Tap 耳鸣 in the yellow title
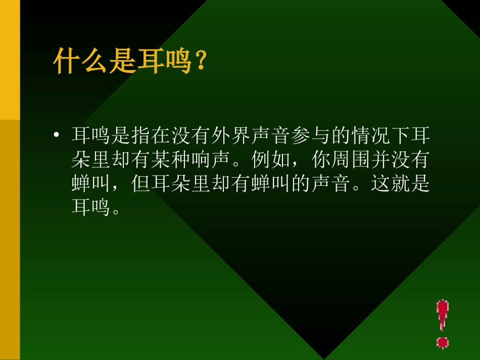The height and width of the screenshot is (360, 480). click(164, 61)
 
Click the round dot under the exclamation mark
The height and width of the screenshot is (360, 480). click(443, 343)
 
